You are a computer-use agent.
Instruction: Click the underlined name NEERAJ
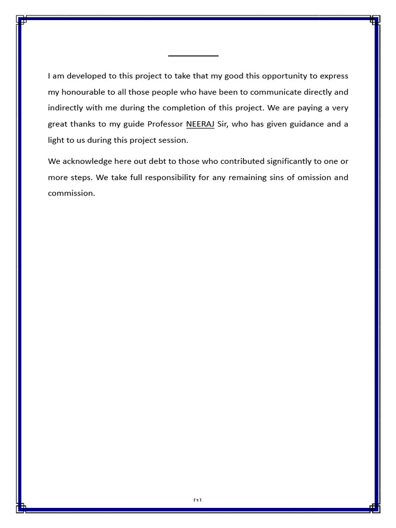point(200,124)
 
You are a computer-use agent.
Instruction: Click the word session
point(172,140)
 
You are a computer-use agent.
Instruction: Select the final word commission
point(71,194)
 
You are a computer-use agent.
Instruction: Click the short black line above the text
point(193,55)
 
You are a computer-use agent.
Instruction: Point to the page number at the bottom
point(197,500)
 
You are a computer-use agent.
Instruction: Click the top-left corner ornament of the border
point(21,20)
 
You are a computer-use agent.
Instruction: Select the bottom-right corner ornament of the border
point(375,507)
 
